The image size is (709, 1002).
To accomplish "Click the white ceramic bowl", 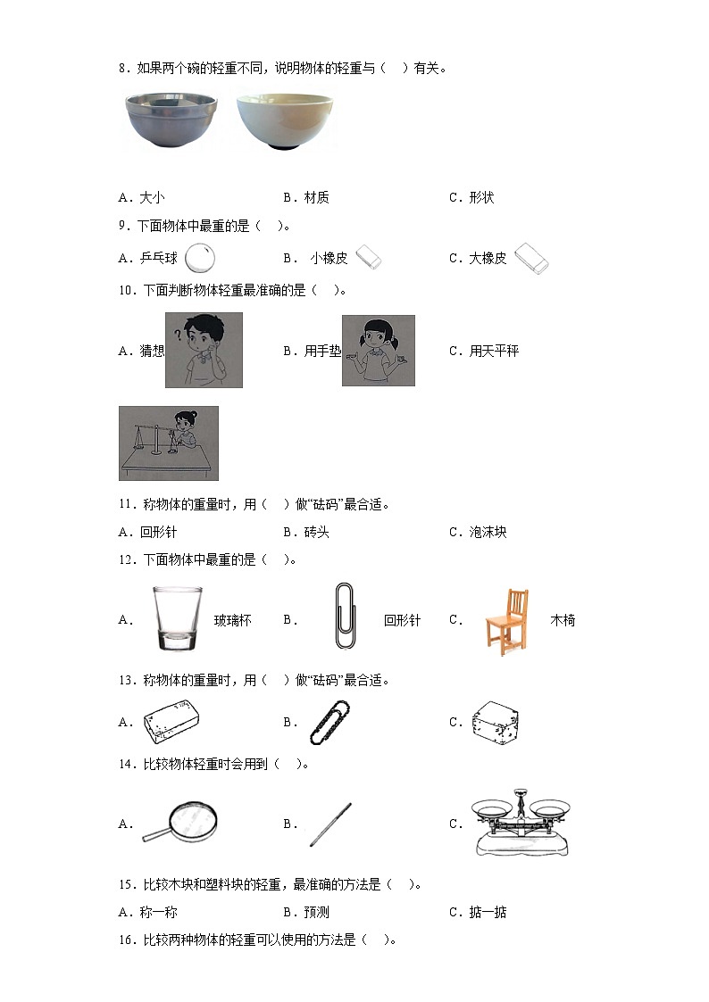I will coord(284,122).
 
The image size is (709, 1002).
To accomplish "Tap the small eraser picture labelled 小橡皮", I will coord(369,258).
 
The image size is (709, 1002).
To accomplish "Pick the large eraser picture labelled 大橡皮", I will coord(531,258).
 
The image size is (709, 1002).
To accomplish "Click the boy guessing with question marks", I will coord(204,350).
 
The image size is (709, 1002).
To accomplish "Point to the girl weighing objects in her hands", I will coord(379,350).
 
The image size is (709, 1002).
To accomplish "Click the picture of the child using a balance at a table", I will coord(169,443).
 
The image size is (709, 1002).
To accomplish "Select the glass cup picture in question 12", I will coord(174,618).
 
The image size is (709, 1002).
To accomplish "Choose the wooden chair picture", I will coord(506,618).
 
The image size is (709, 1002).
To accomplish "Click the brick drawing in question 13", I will coord(171,722).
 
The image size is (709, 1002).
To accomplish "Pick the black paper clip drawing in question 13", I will coord(329,722).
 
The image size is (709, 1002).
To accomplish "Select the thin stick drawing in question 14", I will coord(330,824).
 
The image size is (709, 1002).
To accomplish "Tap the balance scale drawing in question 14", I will coord(520,823).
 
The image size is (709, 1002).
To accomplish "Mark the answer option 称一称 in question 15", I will coord(153,912).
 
